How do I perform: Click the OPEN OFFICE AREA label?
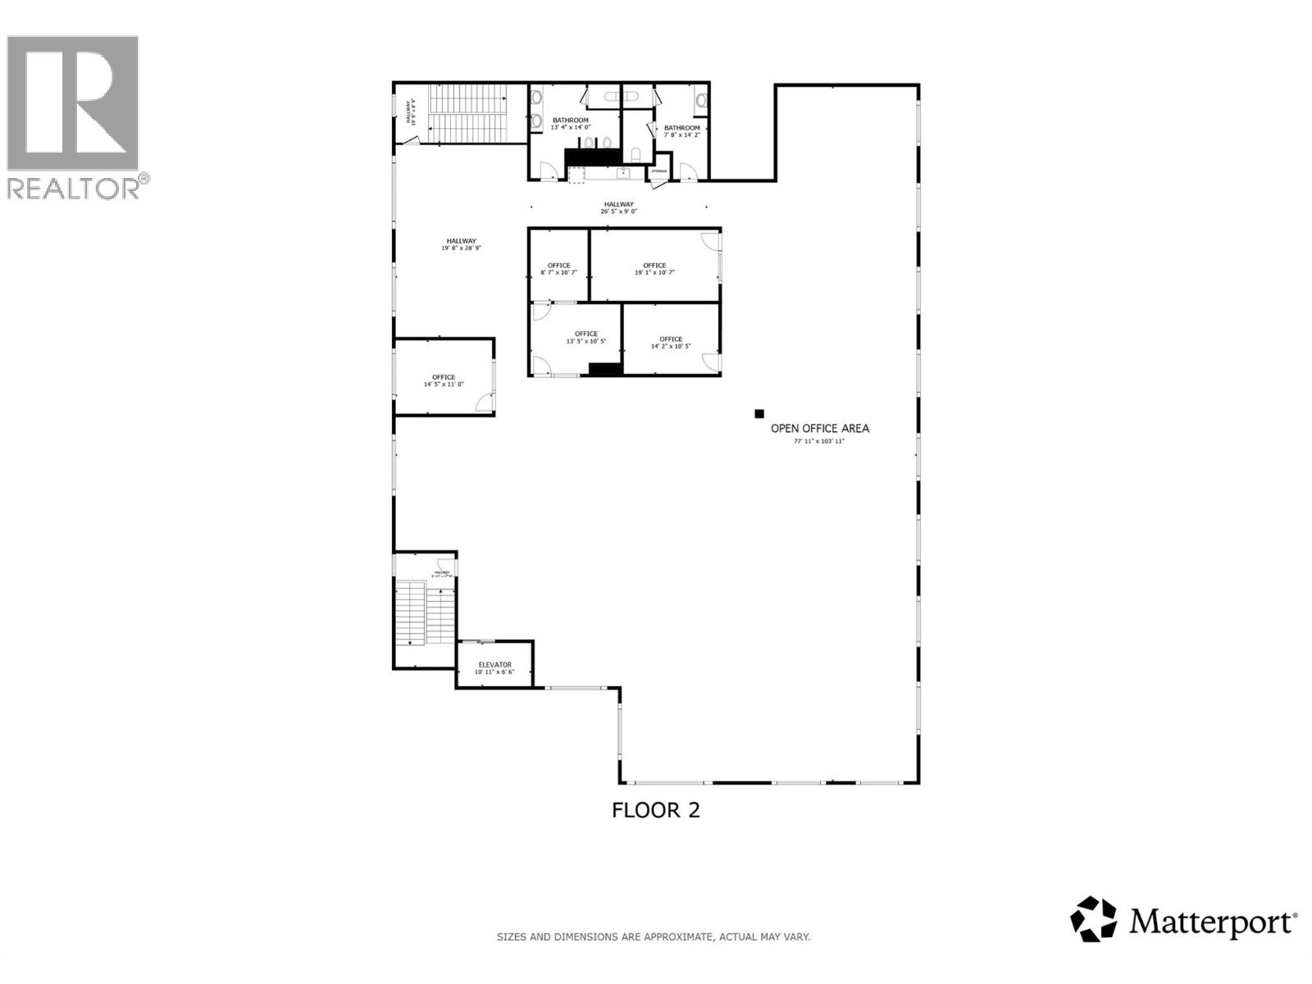click(x=819, y=428)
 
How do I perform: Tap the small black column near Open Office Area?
click(x=759, y=414)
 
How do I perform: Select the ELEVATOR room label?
click(x=494, y=665)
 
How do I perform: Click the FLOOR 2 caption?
click(x=656, y=810)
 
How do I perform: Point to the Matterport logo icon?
click(x=1093, y=919)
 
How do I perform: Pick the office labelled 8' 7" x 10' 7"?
click(x=558, y=268)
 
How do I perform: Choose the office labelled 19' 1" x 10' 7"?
click(x=654, y=268)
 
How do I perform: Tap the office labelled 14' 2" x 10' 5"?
click(x=671, y=342)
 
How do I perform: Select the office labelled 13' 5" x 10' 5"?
click(x=586, y=337)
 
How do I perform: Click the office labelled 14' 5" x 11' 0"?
click(x=444, y=380)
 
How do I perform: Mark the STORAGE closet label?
click(x=659, y=171)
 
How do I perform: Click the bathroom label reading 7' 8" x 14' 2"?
click(x=681, y=130)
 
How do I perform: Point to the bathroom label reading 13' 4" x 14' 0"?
click(x=570, y=123)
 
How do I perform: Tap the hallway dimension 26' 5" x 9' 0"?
click(x=618, y=212)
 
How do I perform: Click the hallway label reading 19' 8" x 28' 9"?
click(x=461, y=244)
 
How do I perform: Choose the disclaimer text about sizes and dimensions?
click(x=653, y=936)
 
